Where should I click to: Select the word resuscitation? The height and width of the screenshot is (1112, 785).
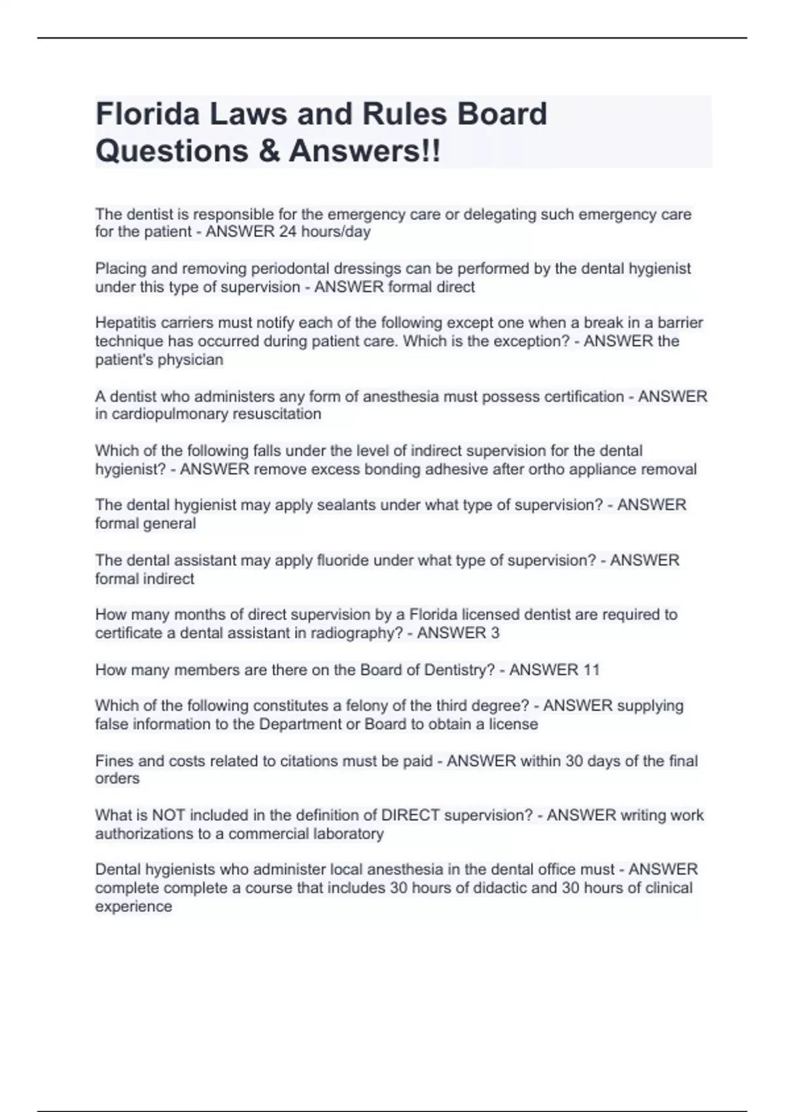pos(277,414)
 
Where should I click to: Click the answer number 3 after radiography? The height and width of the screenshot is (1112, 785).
pos(495,633)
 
